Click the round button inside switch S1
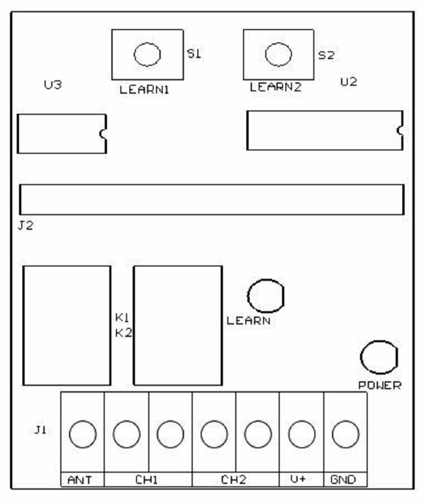coord(147,55)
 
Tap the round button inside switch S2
coord(278,54)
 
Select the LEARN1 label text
coord(145,89)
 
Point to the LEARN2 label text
coord(276,87)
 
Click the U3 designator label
coord(53,86)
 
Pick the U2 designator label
coord(349,82)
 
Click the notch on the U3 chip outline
coord(103,134)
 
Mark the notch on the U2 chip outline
coord(400,130)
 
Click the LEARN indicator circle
coord(265,296)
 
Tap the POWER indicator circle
coord(379,357)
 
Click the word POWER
coord(379,385)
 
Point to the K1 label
coord(123,317)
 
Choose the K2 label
coord(123,333)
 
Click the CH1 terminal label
coord(147,480)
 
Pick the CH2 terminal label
coord(234,480)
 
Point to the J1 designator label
coord(40,431)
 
